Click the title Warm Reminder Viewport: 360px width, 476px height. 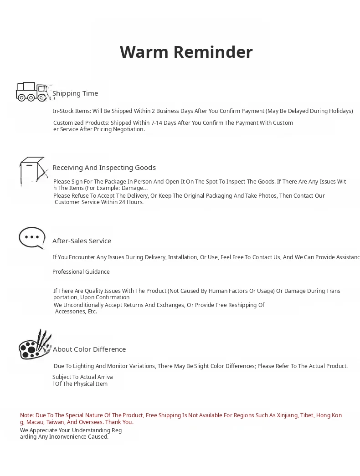(x=186, y=52)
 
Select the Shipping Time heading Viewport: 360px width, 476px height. (x=75, y=93)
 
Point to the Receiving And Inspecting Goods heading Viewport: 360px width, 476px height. (x=104, y=168)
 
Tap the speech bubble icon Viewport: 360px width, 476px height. (x=32, y=238)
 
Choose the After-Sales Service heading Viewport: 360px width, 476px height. (x=82, y=241)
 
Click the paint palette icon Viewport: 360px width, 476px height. (x=34, y=345)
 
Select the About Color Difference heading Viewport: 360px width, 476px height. (x=89, y=349)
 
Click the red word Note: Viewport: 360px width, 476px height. (x=27, y=415)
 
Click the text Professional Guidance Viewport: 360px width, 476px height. (x=81, y=272)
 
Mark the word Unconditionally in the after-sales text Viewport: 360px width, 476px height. (x=86, y=305)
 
